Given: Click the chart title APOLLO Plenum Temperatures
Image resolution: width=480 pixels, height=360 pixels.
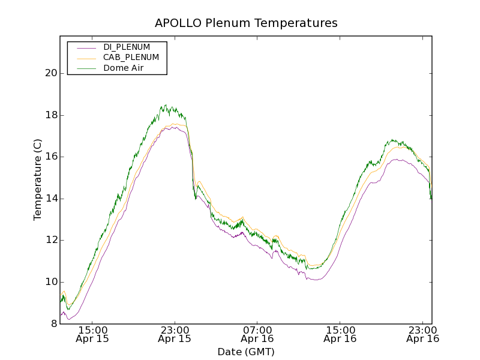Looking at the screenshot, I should [246, 23].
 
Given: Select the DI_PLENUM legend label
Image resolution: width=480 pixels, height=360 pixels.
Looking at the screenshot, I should [127, 47].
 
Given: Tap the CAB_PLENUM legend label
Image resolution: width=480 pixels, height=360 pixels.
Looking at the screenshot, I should [131, 58].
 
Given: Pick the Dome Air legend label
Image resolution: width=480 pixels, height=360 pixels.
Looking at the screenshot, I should [124, 68].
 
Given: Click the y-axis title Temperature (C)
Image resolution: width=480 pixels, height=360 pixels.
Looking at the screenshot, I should [38, 180].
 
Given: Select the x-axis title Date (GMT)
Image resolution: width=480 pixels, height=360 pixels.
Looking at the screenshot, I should [246, 352].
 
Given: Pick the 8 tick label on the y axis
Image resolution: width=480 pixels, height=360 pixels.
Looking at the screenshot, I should [53, 324].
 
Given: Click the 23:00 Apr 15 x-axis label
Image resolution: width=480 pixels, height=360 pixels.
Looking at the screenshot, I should [175, 334].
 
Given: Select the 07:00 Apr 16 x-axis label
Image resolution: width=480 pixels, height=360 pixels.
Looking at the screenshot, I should [257, 334].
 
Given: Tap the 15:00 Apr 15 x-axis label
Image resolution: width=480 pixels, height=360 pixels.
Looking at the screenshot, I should [92, 334].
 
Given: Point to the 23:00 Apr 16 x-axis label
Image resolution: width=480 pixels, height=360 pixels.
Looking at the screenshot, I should [423, 334].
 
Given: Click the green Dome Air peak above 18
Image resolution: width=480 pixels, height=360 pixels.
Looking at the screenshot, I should [166, 106].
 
